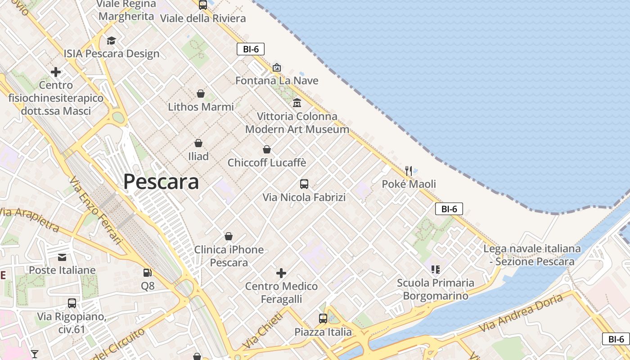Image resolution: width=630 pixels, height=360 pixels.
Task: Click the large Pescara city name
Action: pyautogui.click(x=161, y=182)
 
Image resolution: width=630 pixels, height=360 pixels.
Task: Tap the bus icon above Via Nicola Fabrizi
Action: pyautogui.click(x=304, y=184)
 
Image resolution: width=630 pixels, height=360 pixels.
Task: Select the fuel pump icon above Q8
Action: pyautogui.click(x=147, y=272)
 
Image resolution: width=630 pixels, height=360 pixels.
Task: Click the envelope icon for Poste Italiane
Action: pyautogui.click(x=62, y=257)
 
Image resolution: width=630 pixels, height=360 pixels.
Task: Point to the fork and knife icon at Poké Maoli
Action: pyautogui.click(x=409, y=171)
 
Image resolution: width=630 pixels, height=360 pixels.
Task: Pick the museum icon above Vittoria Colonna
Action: pyautogui.click(x=297, y=103)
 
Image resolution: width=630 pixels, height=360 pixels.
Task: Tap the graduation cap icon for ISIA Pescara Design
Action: pyautogui.click(x=111, y=40)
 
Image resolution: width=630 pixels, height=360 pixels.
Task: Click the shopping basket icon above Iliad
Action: pyautogui.click(x=198, y=143)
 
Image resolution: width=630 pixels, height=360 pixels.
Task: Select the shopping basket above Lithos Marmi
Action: pyautogui.click(x=201, y=94)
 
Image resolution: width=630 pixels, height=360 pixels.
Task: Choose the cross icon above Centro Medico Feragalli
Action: pyautogui.click(x=281, y=273)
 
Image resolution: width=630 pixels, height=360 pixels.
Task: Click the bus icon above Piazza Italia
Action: pyautogui.click(x=323, y=319)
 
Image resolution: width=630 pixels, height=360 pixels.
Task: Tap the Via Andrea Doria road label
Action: pyautogui.click(x=521, y=313)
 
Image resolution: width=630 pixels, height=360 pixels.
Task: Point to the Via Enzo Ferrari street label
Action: pyautogui.click(x=95, y=210)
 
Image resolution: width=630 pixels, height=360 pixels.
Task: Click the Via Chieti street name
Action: pyautogui.click(x=264, y=330)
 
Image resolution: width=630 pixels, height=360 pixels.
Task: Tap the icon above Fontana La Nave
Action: pyautogui.click(x=277, y=67)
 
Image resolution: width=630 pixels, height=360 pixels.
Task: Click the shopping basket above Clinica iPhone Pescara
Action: pyautogui.click(x=229, y=236)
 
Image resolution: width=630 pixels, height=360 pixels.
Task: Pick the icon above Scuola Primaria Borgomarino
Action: pyautogui.click(x=435, y=270)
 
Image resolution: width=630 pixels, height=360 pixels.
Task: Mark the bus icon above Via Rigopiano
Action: pyautogui.click(x=72, y=303)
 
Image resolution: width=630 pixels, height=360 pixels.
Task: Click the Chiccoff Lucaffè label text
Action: pyautogui.click(x=267, y=162)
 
